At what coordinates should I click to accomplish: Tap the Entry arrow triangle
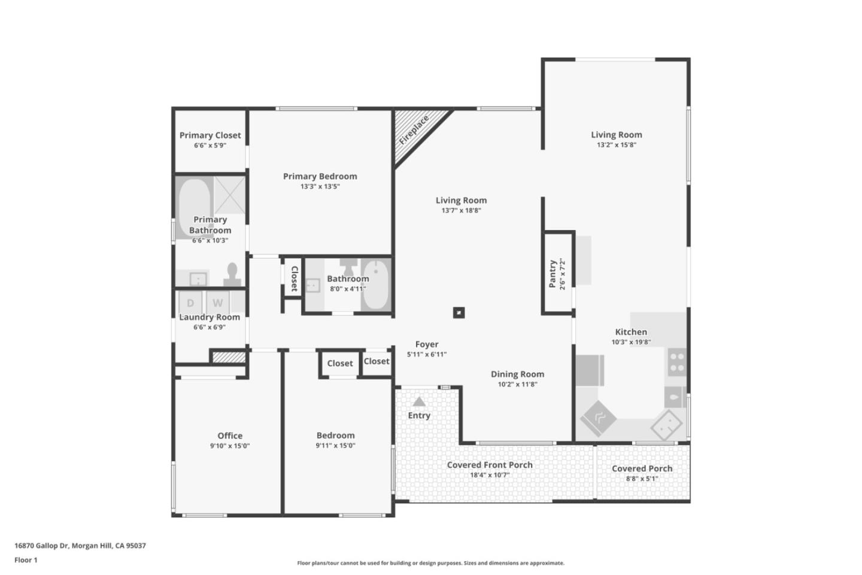[x=419, y=402]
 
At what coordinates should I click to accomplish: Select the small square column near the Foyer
[x=459, y=313]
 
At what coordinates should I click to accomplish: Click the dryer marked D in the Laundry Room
[x=190, y=303]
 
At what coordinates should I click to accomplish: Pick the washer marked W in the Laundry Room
[x=218, y=303]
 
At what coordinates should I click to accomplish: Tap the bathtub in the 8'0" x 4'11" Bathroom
[x=377, y=285]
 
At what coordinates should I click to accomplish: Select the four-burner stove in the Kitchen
[x=677, y=361]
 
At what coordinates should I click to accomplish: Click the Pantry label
[x=553, y=273]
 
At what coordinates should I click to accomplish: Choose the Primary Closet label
[x=210, y=135]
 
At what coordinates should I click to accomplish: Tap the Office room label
[x=230, y=435]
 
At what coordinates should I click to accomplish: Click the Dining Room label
[x=517, y=374]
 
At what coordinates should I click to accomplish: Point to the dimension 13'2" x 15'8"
[x=617, y=145]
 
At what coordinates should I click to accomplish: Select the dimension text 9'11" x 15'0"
[x=336, y=446]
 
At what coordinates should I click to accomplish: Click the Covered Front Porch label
[x=490, y=465]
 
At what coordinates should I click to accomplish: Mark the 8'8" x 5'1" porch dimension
[x=642, y=479]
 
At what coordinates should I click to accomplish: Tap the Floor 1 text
[x=26, y=560]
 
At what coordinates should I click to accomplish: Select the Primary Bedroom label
[x=320, y=176]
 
